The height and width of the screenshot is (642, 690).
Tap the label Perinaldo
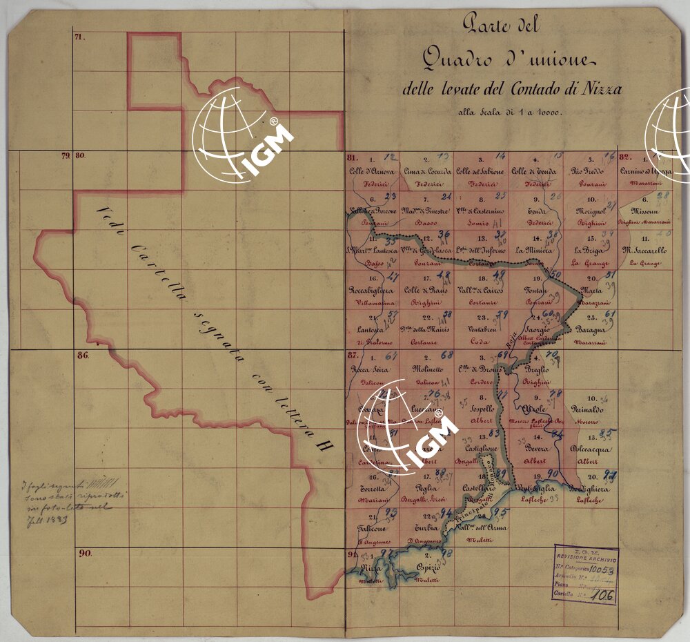[588, 409]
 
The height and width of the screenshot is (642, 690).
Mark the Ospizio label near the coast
[428, 567]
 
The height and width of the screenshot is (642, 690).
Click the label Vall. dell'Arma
[481, 528]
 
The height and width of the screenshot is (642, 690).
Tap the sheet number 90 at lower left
[86, 554]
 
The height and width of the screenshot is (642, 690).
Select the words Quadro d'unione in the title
[504, 61]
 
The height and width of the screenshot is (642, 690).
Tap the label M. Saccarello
[642, 251]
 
